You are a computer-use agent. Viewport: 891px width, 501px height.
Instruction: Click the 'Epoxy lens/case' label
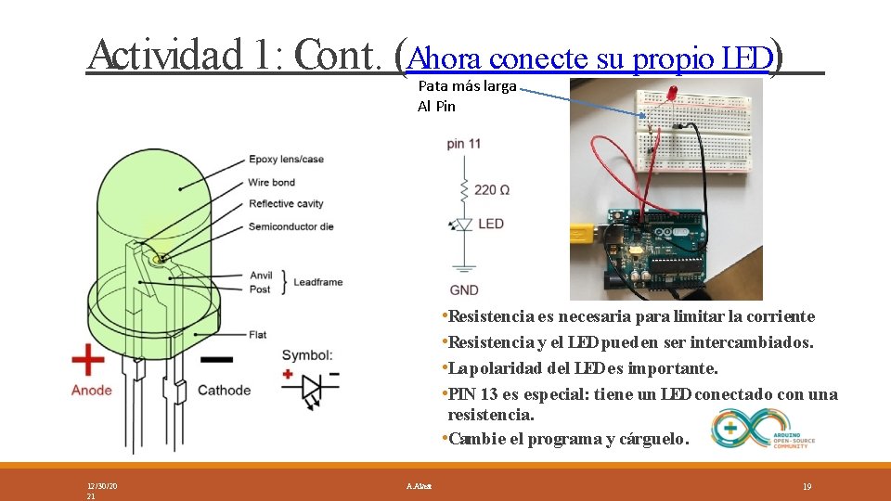pyautogui.click(x=286, y=160)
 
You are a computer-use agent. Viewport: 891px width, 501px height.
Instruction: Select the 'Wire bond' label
pyautogui.click(x=271, y=183)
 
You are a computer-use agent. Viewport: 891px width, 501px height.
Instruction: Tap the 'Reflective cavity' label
pyautogui.click(x=286, y=204)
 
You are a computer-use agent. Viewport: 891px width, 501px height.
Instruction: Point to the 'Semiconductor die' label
pyautogui.click(x=291, y=226)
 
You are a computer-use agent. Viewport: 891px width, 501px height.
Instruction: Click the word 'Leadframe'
pyautogui.click(x=319, y=282)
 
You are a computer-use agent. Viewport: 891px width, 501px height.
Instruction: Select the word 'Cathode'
pyautogui.click(x=224, y=391)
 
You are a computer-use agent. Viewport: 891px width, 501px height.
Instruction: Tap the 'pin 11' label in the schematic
pyautogui.click(x=463, y=144)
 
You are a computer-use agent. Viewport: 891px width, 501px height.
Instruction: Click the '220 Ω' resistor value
pyautogui.click(x=492, y=190)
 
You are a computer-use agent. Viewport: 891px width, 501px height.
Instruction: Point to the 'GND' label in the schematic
pyautogui.click(x=464, y=290)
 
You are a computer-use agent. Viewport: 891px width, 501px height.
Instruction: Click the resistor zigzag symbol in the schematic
pyautogui.click(x=463, y=190)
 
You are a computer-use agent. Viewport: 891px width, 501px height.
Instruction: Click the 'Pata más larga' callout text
pyautogui.click(x=467, y=86)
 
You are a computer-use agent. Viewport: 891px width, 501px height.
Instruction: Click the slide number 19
pyautogui.click(x=807, y=486)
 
